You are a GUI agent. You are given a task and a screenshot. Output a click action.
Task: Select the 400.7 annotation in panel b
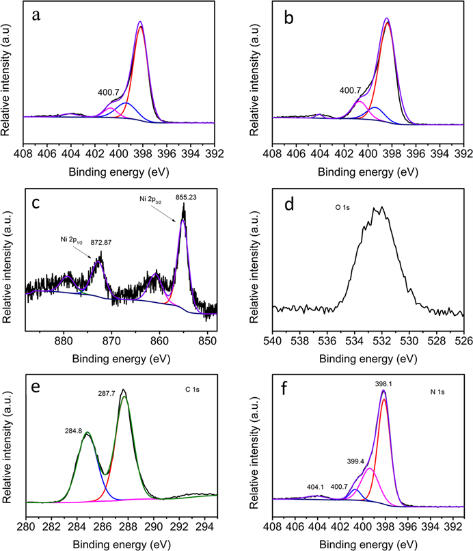coord(351,90)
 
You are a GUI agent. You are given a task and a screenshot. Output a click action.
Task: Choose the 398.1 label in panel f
coord(383,384)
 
